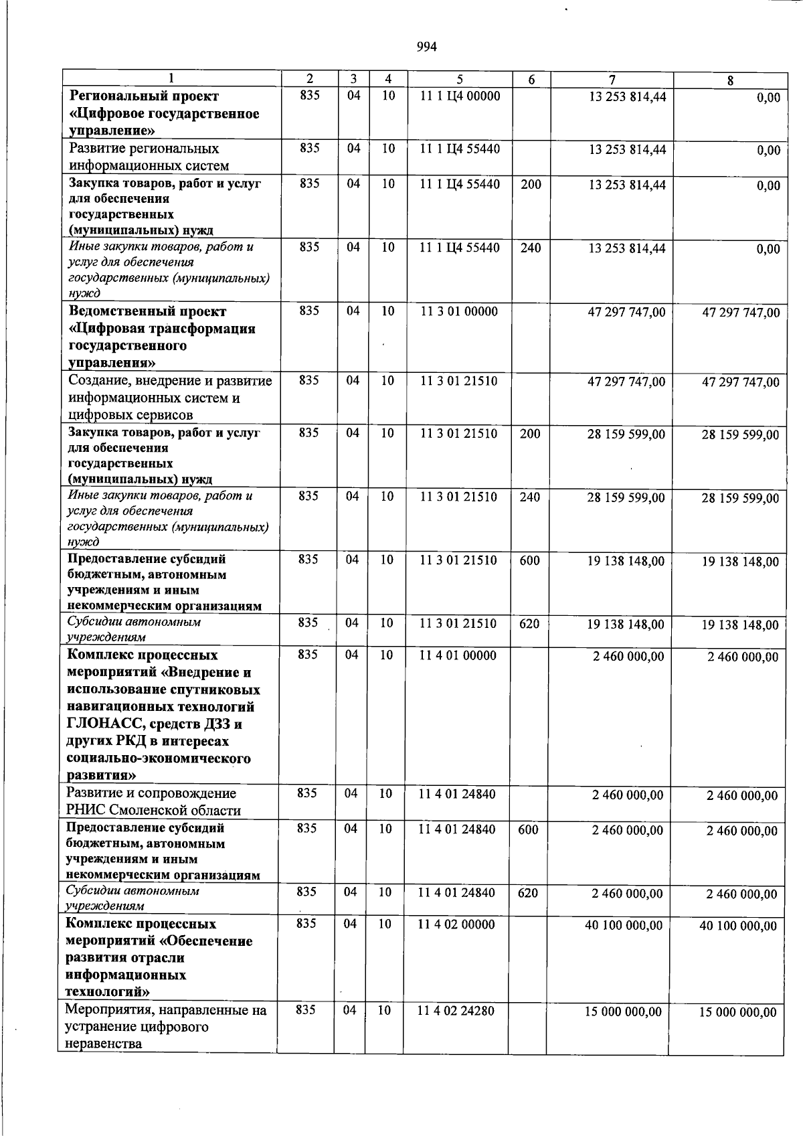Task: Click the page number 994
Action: point(426,47)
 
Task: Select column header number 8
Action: point(730,80)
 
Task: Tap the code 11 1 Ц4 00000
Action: point(460,96)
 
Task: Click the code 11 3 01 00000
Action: point(459,311)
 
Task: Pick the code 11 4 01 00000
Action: point(458,655)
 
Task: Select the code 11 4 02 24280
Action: point(456,1011)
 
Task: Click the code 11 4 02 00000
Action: point(456,924)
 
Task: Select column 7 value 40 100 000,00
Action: point(624,925)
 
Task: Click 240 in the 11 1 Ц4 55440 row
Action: point(531,248)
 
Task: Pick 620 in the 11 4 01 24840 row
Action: point(528,893)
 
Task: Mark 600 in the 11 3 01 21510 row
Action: point(529,560)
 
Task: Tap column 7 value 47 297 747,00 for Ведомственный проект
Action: point(626,312)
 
